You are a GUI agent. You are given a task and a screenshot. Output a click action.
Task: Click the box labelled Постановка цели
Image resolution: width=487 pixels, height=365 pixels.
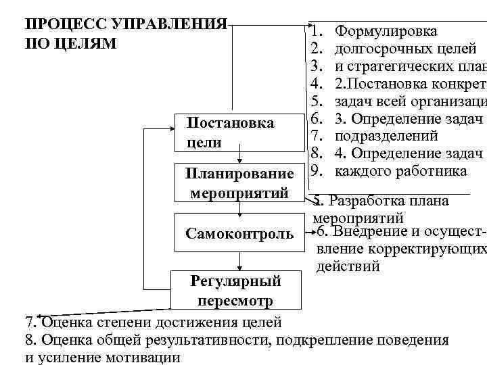tap(234, 133)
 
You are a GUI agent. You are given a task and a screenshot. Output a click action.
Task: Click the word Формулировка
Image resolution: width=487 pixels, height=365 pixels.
tap(386, 31)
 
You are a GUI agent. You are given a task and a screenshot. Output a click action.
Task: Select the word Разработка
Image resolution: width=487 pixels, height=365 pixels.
tap(368, 201)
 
